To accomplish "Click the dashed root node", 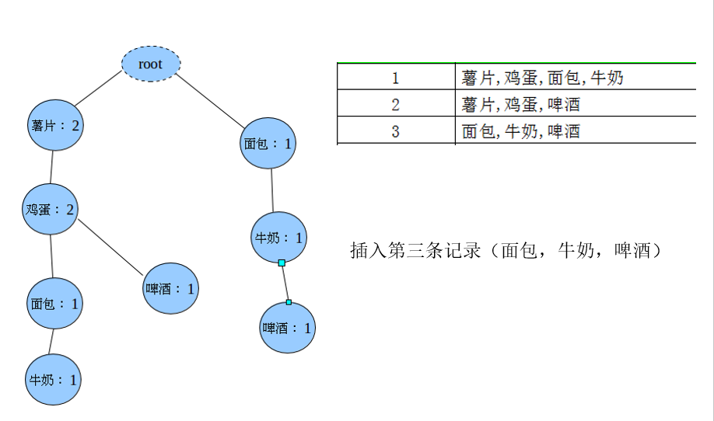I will coord(151,64).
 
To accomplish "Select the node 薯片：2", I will coord(55,124).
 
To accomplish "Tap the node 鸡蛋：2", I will coord(51,209).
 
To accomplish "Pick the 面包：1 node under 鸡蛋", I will coord(55,303).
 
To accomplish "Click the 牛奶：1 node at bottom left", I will coord(54,380).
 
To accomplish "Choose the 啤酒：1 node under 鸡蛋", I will coord(170,288).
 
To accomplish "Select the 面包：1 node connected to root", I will coord(268,143).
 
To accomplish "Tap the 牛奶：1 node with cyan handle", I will coord(278,238).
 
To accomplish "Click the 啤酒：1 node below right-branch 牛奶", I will coord(288,328).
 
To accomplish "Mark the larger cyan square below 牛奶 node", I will coord(282,263).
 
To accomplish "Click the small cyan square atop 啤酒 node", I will coord(289,301).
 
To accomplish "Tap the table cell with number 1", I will coord(395,78).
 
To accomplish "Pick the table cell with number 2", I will coord(395,104).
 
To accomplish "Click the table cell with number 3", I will coord(395,130).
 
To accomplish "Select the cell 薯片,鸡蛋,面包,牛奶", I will coord(542,78).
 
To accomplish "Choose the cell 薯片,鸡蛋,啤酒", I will coord(521,104).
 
